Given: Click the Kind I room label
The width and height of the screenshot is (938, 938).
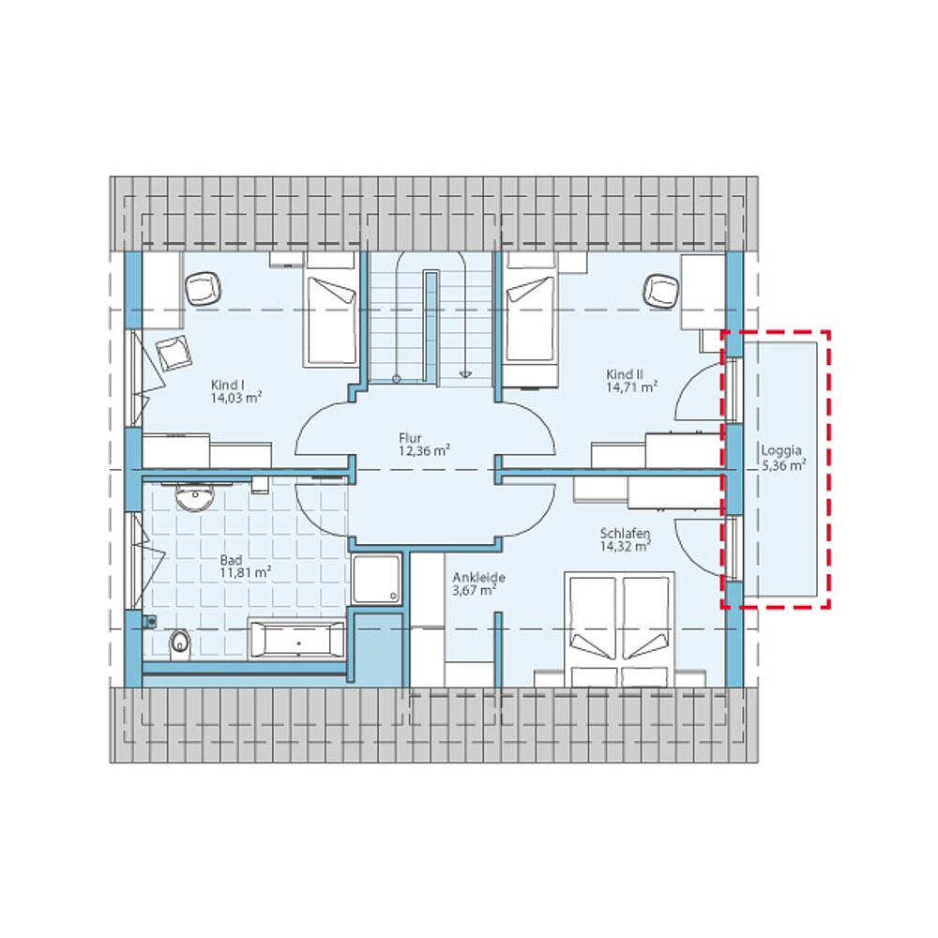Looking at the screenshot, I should point(228,385).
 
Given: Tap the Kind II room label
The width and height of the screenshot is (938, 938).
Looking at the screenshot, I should point(624,373).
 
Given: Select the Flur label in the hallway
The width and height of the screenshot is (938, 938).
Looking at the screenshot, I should point(409,438).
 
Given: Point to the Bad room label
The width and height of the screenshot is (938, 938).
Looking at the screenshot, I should point(231,558).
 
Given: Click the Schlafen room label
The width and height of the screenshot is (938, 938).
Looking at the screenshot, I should point(626,535).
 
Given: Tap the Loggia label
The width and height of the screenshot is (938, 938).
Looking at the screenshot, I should point(780,449).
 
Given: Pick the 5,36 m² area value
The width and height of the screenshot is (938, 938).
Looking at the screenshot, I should point(784,464).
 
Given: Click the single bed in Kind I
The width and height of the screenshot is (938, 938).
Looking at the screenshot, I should point(331,319).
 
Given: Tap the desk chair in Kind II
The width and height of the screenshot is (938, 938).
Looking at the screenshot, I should point(660,290).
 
